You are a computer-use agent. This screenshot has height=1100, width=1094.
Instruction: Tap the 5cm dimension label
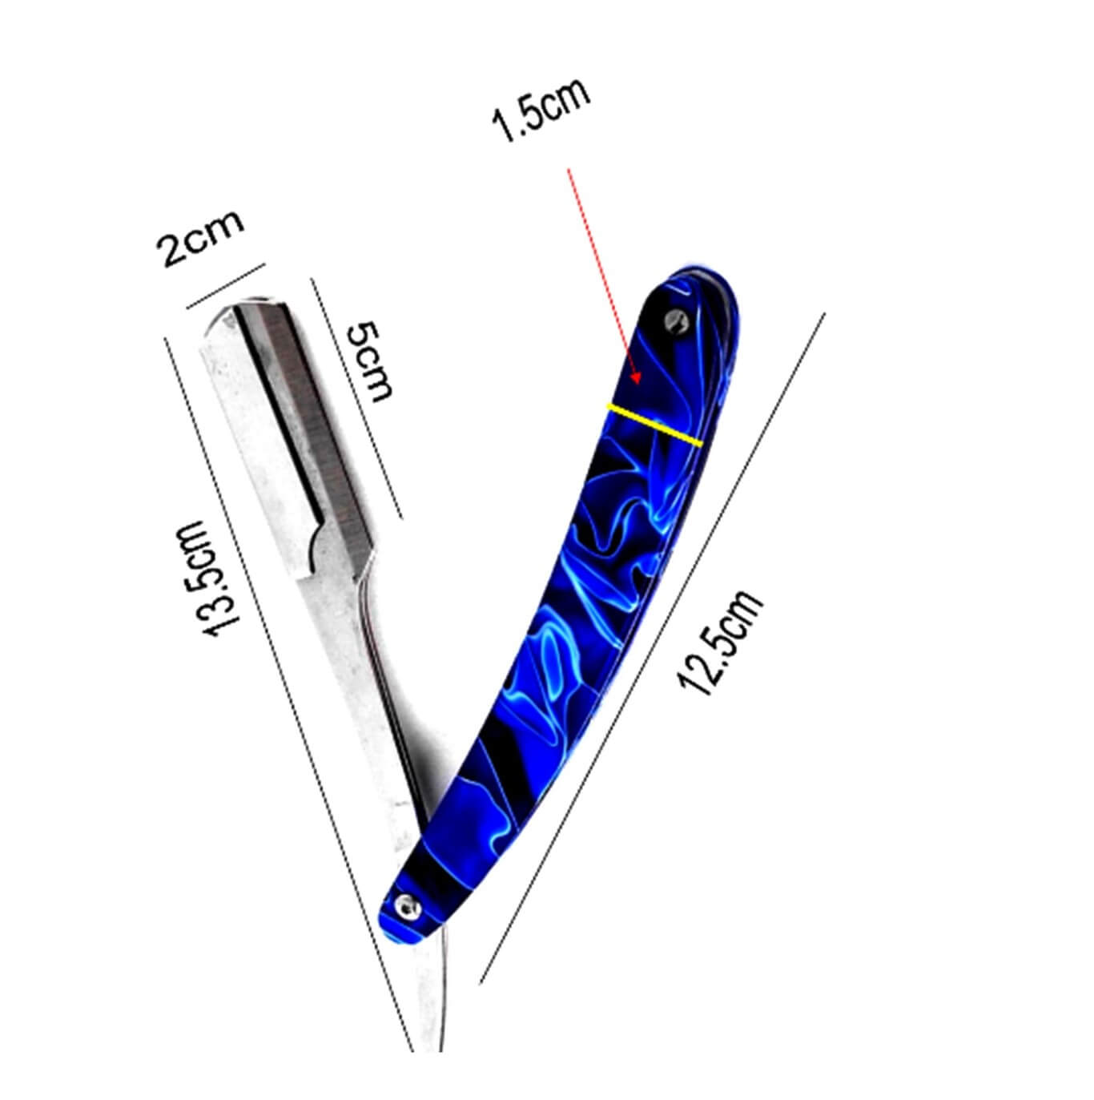tap(370, 361)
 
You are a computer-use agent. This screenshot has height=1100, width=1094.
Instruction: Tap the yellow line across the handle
tap(654, 425)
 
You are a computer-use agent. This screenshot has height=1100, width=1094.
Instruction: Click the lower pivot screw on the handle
tap(408, 905)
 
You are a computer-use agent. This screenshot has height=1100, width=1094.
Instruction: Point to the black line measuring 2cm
tap(225, 286)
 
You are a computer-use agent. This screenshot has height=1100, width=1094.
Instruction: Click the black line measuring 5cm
tap(356, 398)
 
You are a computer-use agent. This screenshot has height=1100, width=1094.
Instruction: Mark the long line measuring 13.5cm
tap(288, 689)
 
